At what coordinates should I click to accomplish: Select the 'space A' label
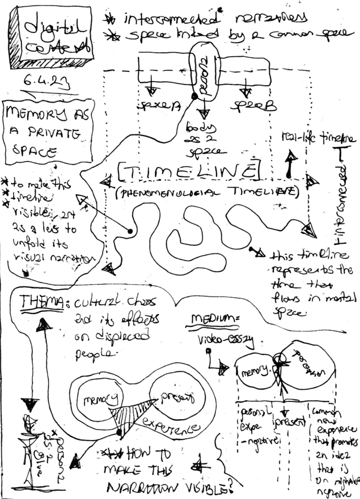click(155, 106)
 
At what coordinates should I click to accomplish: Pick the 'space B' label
click(248, 105)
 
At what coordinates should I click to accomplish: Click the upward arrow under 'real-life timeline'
click(289, 165)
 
